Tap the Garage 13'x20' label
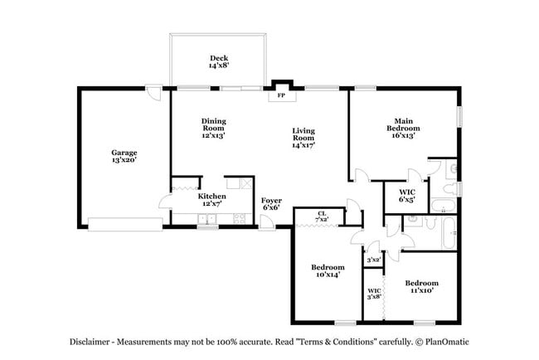pyautogui.click(x=124, y=157)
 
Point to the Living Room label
pyautogui.click(x=303, y=136)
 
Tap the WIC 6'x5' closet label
pyautogui.click(x=406, y=196)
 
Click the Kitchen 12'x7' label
pyautogui.click(x=210, y=200)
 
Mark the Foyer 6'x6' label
pyautogui.click(x=271, y=204)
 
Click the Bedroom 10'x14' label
pyautogui.click(x=328, y=271)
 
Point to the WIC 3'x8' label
pyautogui.click(x=374, y=294)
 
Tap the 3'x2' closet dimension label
pyautogui.click(x=374, y=260)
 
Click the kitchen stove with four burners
pyautogui.click(x=240, y=219)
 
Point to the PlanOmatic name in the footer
pyautogui.click(x=451, y=341)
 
